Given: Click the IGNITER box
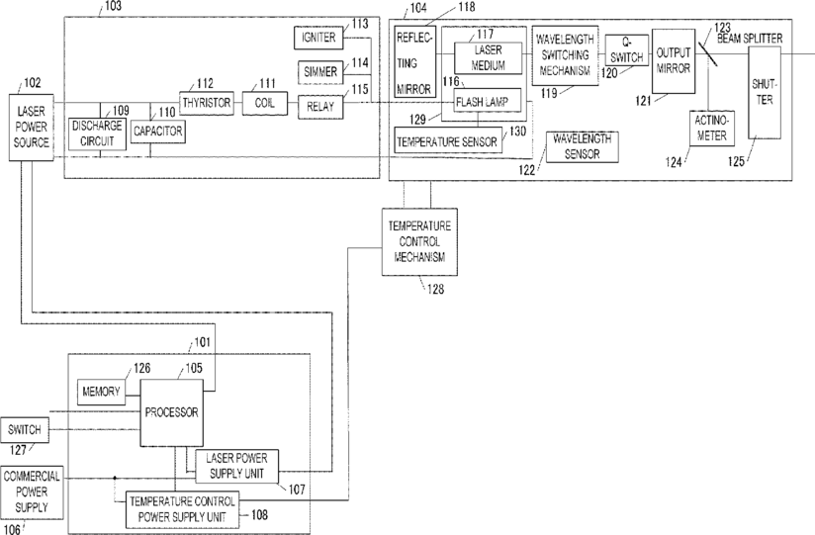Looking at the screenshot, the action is (318, 38).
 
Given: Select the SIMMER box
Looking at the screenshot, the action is (320, 72).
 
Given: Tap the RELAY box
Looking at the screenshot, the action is (320, 107).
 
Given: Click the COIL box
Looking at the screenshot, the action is (264, 103).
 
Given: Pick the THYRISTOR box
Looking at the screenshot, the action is (207, 103).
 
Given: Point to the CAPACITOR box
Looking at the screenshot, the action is (158, 132).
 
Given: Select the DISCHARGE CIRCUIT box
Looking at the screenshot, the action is (97, 134).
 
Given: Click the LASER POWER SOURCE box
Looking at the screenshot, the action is (32, 127).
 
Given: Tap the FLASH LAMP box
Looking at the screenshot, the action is (488, 102).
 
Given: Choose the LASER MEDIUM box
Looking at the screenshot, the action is (488, 57).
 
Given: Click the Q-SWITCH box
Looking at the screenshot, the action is (627, 49).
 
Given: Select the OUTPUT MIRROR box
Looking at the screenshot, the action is (674, 61).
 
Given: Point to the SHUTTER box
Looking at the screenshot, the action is (765, 93).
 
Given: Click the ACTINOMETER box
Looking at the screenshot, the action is (712, 128).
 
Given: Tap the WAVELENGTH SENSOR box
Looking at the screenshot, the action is (583, 147).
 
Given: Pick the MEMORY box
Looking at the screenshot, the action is (101, 392).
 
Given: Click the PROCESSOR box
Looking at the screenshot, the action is (171, 412).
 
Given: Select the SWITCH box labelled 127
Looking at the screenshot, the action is (25, 430).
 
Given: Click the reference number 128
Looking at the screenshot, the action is (435, 289).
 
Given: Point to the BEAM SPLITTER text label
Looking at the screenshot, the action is (750, 39).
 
